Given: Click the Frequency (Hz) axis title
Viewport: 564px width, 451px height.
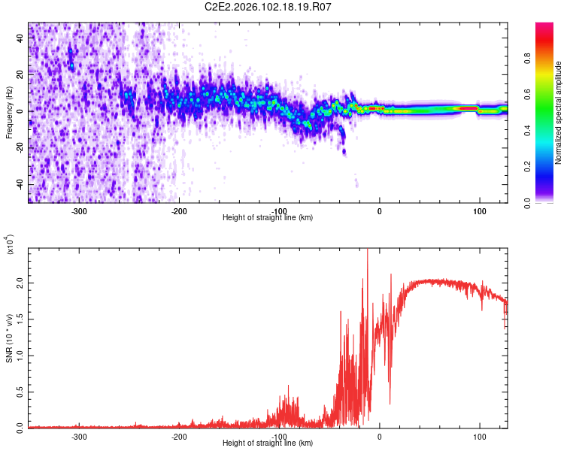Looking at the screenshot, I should click(x=10, y=113).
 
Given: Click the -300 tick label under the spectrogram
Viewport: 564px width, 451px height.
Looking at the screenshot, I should click(x=79, y=210).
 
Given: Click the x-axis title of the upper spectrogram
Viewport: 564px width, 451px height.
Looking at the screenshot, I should click(x=268, y=218).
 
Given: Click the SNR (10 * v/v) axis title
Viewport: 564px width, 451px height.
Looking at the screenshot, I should click(x=10, y=338).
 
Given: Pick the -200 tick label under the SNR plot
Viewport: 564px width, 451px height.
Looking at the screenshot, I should click(x=179, y=435).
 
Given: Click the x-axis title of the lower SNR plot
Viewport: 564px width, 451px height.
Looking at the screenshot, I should click(x=268, y=443).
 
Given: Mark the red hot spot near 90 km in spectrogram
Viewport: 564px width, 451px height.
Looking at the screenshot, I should click(x=468, y=108).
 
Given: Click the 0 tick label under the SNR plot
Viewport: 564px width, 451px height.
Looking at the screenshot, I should click(x=380, y=435).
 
